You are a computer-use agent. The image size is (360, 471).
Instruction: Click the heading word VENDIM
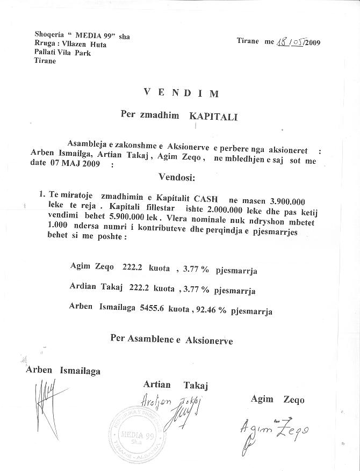pos(181,92)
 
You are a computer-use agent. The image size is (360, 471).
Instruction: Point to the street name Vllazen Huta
pos(85,45)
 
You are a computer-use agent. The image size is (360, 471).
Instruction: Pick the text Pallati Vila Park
pos(62,53)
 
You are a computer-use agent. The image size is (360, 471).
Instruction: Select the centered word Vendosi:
pos(177,176)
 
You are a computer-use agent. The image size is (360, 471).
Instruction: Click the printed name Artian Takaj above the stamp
pos(175,385)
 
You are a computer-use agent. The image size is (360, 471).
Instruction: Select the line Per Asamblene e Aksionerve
pos(171,339)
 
